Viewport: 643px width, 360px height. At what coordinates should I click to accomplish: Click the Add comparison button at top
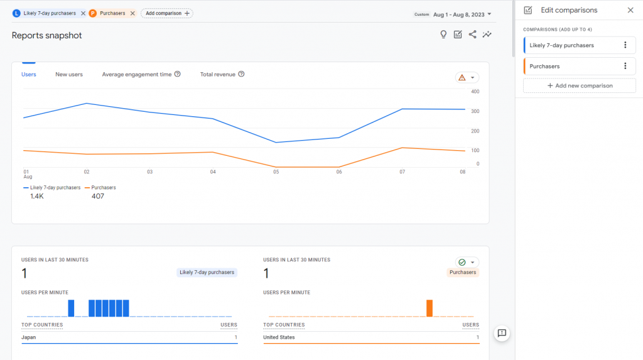pyautogui.click(x=166, y=13)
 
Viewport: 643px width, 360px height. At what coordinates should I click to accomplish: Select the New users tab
pyautogui.click(x=69, y=74)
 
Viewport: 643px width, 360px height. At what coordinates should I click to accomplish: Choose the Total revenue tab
pyautogui.click(x=217, y=74)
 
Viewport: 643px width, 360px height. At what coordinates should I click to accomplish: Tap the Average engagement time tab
pyautogui.click(x=137, y=74)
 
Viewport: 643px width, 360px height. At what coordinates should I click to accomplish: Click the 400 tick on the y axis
pyautogui.click(x=475, y=92)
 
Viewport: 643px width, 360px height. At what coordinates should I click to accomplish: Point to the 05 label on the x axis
pyautogui.click(x=276, y=172)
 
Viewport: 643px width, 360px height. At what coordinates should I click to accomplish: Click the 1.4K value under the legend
pyautogui.click(x=37, y=196)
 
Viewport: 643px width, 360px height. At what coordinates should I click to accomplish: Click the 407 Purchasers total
pyautogui.click(x=97, y=196)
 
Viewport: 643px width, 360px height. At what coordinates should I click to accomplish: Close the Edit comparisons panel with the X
pyautogui.click(x=630, y=10)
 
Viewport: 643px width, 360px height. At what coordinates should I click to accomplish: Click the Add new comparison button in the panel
pyautogui.click(x=580, y=85)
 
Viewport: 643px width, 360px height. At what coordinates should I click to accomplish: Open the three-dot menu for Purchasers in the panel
pyautogui.click(x=625, y=66)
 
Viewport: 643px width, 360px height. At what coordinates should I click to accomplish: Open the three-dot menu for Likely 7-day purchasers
pyautogui.click(x=625, y=45)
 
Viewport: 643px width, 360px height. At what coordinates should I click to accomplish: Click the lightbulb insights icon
pyautogui.click(x=443, y=35)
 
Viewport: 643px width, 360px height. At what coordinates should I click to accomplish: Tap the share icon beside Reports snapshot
pyautogui.click(x=472, y=35)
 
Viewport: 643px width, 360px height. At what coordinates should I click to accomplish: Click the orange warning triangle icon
pyautogui.click(x=462, y=77)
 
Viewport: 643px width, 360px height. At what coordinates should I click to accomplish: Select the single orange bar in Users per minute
pyautogui.click(x=430, y=308)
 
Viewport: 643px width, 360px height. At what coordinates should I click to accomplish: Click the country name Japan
pyautogui.click(x=29, y=337)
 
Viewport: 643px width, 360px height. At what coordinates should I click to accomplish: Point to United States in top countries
pyautogui.click(x=279, y=337)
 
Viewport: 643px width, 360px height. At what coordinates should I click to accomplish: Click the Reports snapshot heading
pyautogui.click(x=47, y=35)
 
